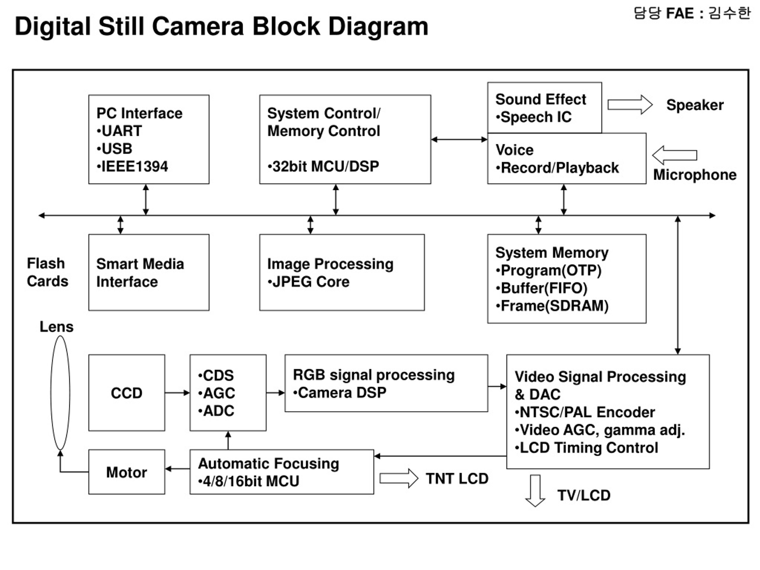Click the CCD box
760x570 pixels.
(x=126, y=393)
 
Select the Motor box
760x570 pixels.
(x=126, y=472)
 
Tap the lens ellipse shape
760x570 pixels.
(x=51, y=393)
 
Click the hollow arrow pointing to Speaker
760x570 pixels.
(x=630, y=104)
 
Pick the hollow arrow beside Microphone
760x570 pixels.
(x=674, y=155)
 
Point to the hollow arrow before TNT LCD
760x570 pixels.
(x=398, y=478)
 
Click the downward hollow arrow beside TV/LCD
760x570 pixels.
(x=535, y=491)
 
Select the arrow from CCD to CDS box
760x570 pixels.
(x=177, y=393)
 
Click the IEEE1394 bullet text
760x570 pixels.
(x=132, y=167)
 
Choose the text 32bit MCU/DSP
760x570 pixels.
(x=323, y=167)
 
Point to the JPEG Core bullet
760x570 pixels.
(x=308, y=282)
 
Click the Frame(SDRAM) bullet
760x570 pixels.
(x=552, y=306)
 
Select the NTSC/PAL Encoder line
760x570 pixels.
(x=585, y=412)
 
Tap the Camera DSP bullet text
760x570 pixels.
(x=339, y=393)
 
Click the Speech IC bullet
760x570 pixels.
(x=533, y=117)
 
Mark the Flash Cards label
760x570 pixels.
(x=47, y=272)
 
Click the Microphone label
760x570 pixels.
(x=695, y=175)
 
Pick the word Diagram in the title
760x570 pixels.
(x=378, y=27)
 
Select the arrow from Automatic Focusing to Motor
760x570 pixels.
(x=177, y=469)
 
